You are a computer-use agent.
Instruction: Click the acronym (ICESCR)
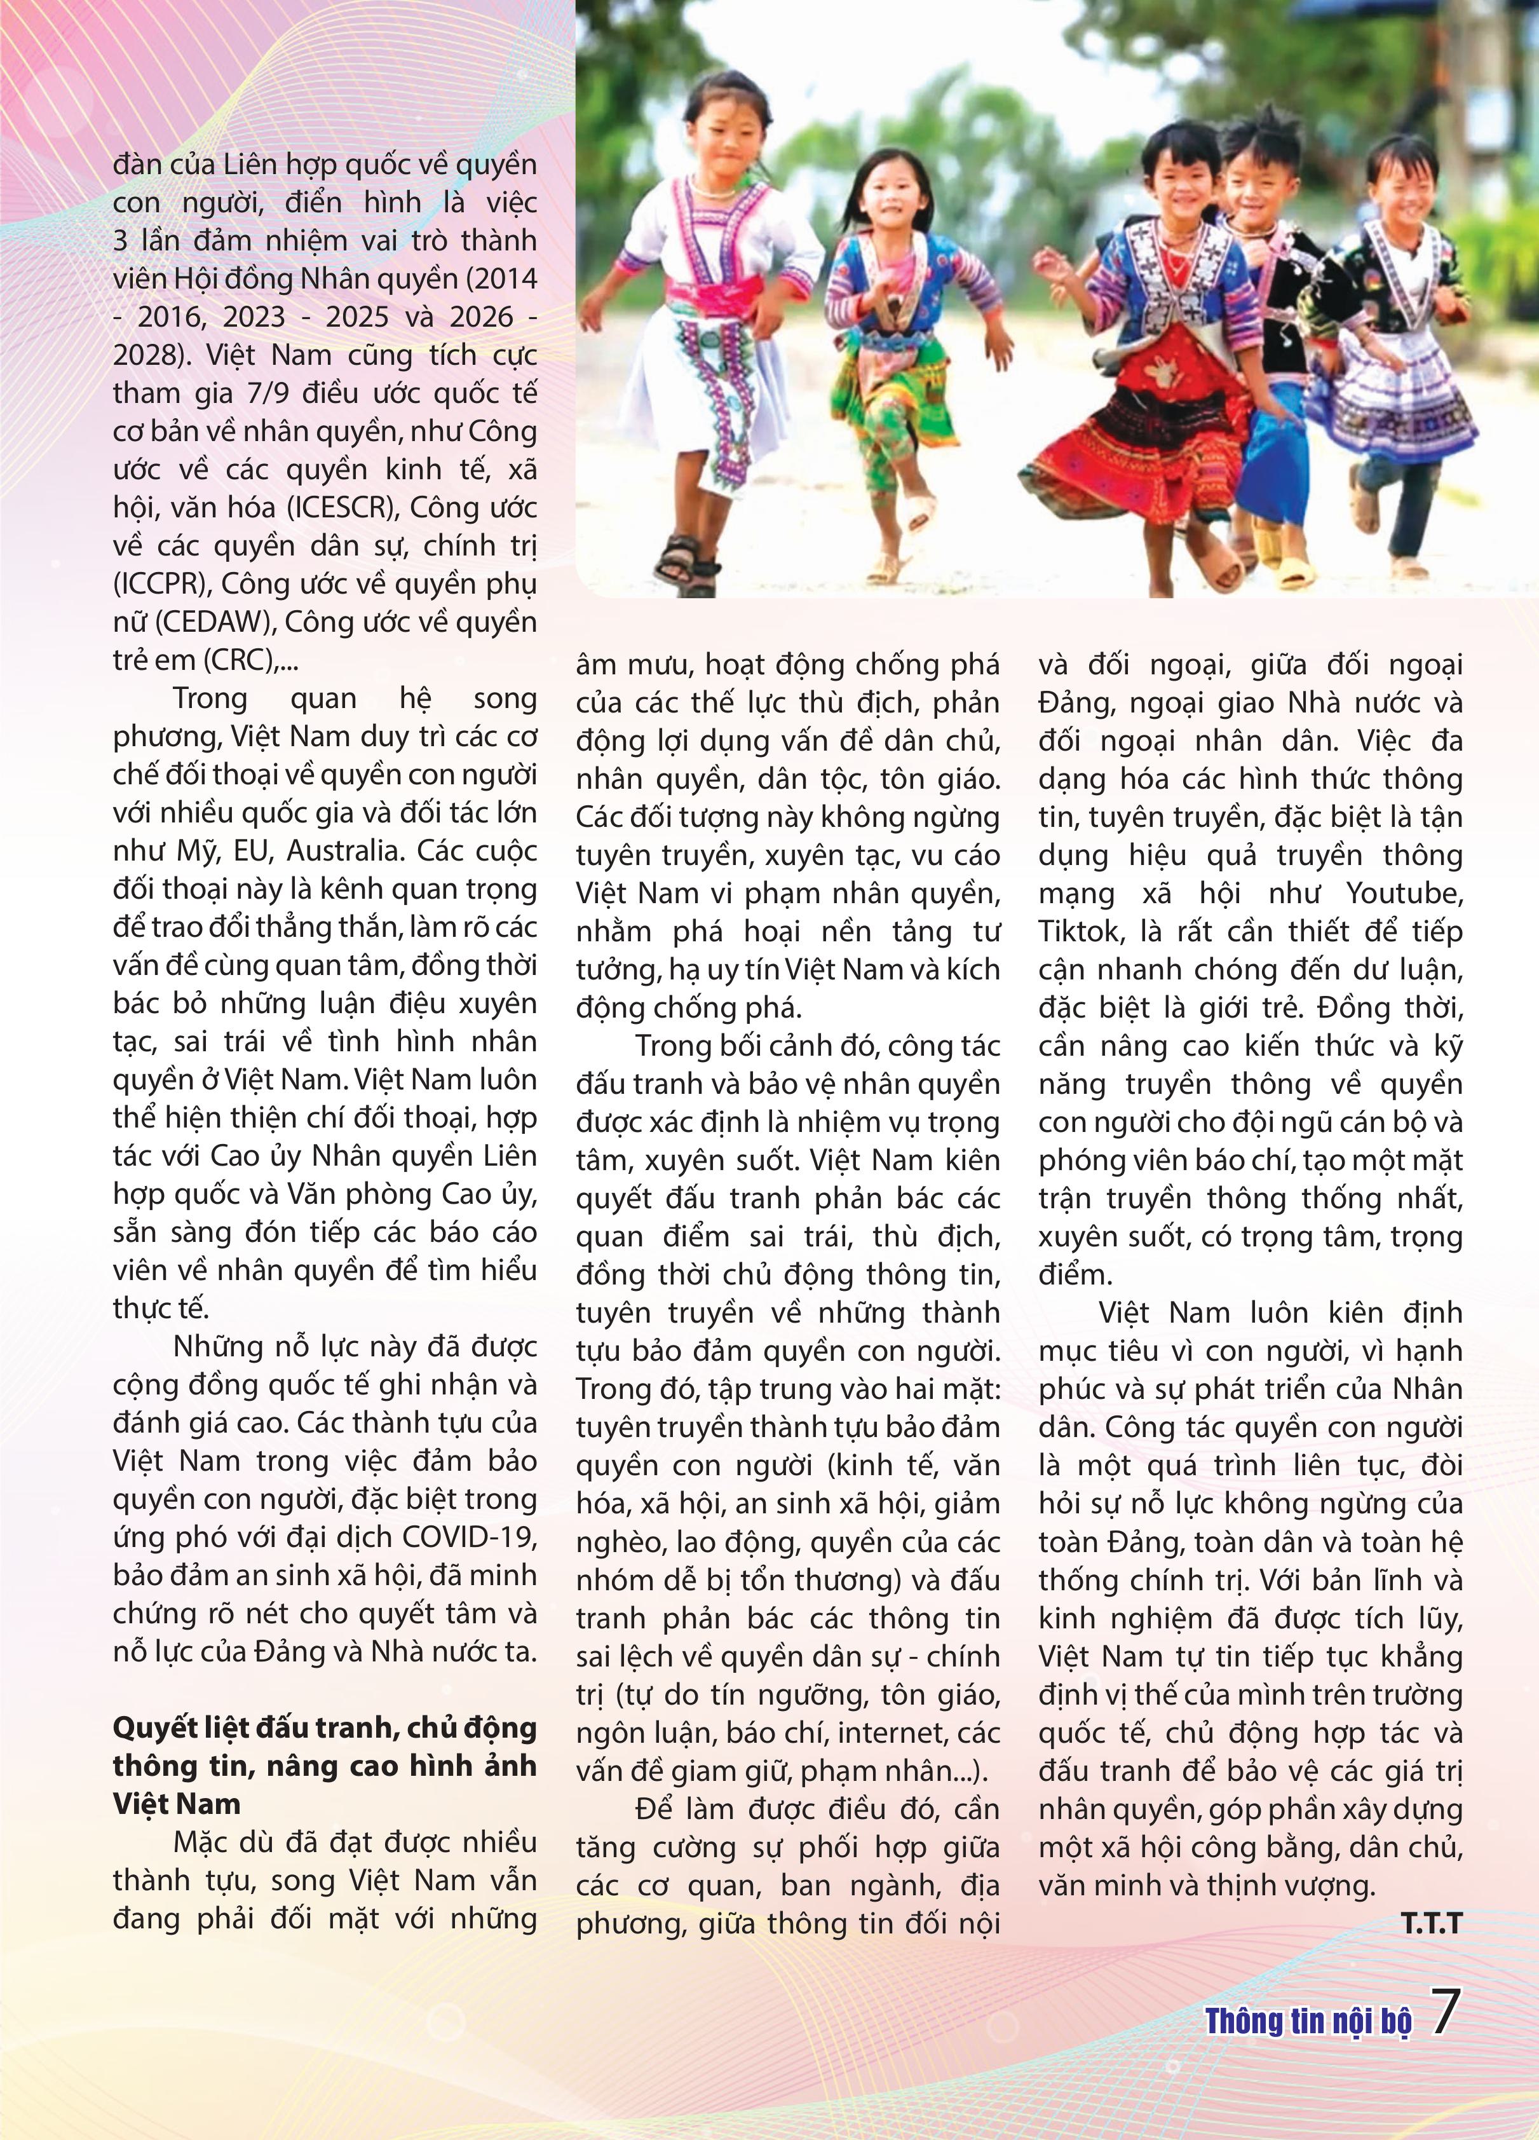pos(327,508)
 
